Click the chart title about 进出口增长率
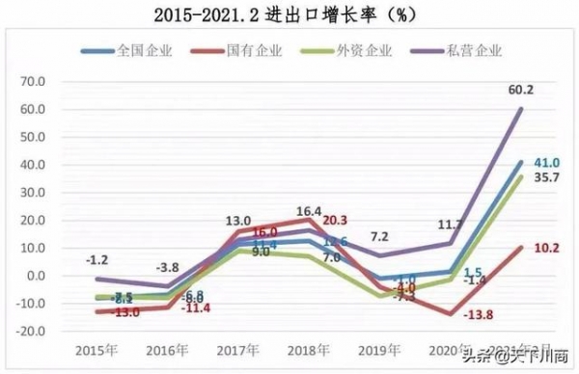tap(289, 13)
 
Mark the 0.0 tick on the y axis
tap(32, 276)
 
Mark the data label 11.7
tap(451, 225)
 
